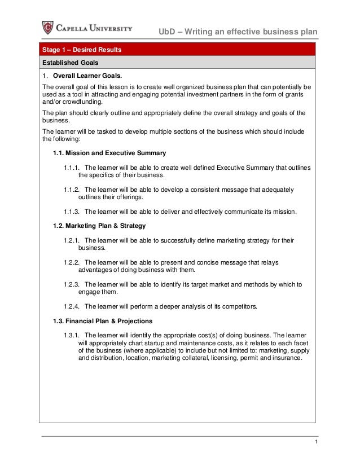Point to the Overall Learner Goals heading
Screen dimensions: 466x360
87,76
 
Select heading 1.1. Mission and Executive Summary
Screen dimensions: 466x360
109,153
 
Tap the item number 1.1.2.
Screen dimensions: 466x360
72,190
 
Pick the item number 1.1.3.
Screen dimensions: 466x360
72,212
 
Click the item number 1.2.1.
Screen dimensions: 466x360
72,240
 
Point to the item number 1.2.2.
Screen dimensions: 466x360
72,262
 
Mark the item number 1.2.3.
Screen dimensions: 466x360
72,284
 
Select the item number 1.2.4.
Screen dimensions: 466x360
72,306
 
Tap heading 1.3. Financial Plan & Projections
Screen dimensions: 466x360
104,321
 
